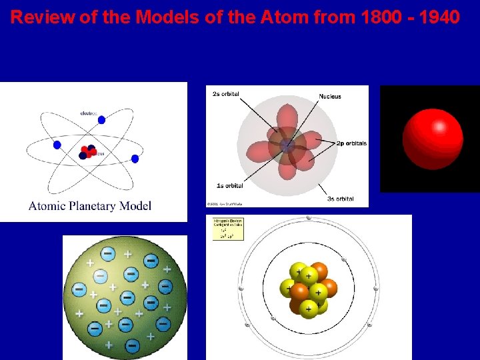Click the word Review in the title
[x=40, y=17]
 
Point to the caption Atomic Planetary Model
[x=90, y=205]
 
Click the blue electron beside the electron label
[x=101, y=120]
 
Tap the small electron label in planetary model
[x=89, y=113]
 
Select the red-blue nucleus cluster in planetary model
[x=87, y=151]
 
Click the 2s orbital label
[x=226, y=94]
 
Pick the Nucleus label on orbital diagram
[x=329, y=97]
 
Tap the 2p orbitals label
[x=351, y=143]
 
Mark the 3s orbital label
[x=340, y=199]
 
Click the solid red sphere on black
[x=432, y=139]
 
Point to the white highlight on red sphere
[x=439, y=126]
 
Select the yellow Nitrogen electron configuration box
[x=228, y=228]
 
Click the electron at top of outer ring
[x=308, y=219]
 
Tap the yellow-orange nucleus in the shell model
[x=309, y=289]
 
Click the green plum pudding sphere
[x=125, y=298]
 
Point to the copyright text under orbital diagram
[x=225, y=203]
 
